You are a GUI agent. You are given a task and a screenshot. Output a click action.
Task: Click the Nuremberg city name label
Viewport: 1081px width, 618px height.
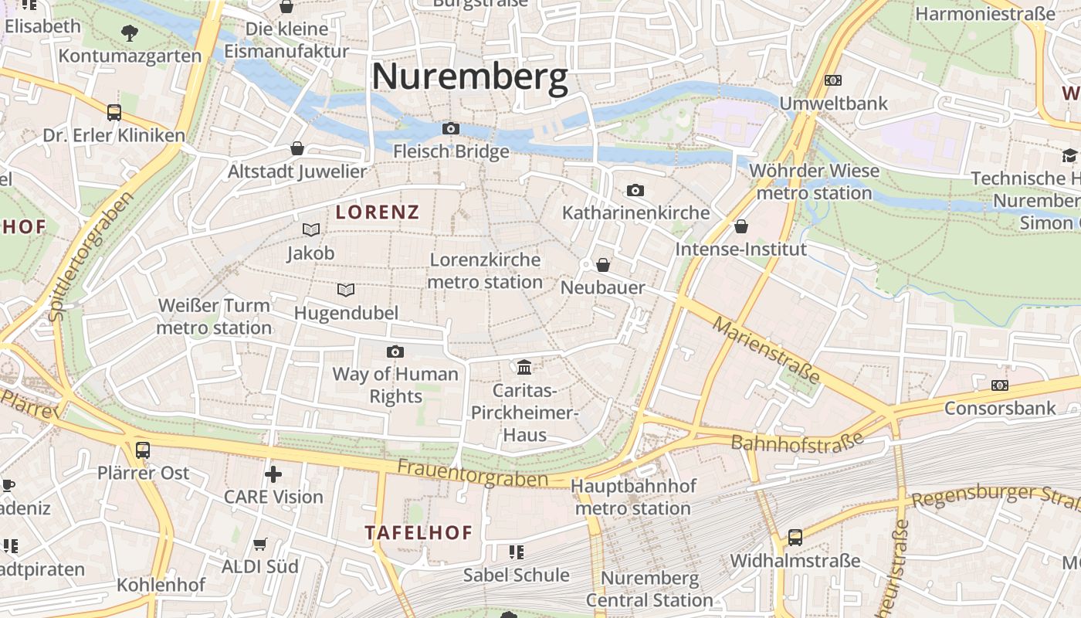(469, 77)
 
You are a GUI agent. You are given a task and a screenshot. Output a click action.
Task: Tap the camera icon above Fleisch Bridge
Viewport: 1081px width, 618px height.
(451, 128)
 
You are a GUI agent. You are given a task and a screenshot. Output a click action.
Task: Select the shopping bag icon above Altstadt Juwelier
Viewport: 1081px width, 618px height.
(297, 148)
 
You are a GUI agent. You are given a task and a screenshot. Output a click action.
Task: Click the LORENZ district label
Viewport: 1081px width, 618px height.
(378, 212)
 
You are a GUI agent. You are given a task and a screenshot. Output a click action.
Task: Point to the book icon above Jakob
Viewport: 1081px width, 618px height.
(311, 229)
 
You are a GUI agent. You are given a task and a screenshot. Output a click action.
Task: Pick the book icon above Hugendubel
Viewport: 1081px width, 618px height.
(346, 290)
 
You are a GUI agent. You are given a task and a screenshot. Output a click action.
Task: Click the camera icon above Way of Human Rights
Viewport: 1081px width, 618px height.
(395, 351)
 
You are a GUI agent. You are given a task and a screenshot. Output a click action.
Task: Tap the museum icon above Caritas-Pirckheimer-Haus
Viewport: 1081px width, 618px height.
(524, 366)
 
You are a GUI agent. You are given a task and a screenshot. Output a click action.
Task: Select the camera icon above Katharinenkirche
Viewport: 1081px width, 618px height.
(635, 190)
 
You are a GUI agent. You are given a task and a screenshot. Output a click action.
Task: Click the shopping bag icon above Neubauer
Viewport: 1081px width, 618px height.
(603, 265)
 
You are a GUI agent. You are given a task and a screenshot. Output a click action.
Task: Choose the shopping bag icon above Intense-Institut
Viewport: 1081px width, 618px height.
(741, 226)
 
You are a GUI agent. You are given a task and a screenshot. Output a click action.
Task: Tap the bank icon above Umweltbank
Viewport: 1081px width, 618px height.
(833, 80)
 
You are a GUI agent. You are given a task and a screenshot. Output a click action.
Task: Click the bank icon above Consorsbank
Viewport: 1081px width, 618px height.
(1000, 385)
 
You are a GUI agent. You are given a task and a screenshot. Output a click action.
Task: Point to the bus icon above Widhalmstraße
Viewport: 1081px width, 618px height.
(795, 538)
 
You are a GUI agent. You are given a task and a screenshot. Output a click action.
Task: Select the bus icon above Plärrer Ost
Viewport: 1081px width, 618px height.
(143, 450)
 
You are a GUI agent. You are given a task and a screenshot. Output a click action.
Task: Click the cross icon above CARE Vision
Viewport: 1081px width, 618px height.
(273, 474)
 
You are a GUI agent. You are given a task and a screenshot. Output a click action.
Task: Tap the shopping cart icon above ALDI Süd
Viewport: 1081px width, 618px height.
(260, 544)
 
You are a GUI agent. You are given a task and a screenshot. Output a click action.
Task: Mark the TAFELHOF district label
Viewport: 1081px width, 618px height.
(419, 533)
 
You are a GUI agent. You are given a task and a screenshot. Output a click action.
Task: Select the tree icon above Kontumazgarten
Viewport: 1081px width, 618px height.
(130, 32)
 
